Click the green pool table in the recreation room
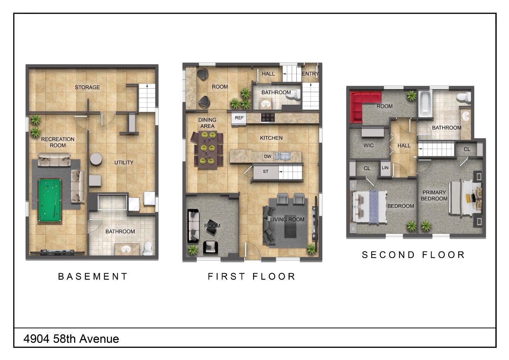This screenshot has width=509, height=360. coord(50,200)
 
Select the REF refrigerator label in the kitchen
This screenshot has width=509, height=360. coord(239,118)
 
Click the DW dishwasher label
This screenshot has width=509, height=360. coord(268,156)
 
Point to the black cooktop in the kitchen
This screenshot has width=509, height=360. coord(268,118)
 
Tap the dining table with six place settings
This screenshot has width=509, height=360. coord(207,150)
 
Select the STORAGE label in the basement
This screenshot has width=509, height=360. coord(87,87)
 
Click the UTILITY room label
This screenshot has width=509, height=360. coord(124,162)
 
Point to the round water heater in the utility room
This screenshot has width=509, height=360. coord(96,159)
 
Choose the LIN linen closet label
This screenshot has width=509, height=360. coord(385,168)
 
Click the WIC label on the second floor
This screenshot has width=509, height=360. coord(368,146)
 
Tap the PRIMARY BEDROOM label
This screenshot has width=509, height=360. coord(434,195)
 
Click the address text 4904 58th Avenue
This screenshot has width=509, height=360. coord(71,339)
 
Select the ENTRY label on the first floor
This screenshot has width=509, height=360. coord(310,74)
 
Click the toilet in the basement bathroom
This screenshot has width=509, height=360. coord(148,248)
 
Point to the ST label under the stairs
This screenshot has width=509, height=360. coord(265,172)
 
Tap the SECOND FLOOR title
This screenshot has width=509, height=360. coord(413,255)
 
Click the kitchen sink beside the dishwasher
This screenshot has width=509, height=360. coord(285,156)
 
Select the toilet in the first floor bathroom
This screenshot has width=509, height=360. coord(294,94)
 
